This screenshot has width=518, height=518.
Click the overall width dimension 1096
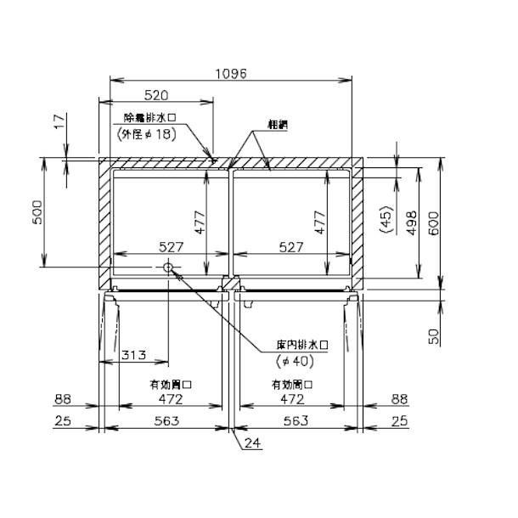pos(230,74)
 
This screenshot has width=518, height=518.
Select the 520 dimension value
pos(155,96)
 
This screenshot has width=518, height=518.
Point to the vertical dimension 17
pos(57,123)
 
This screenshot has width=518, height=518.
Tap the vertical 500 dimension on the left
pos(37,217)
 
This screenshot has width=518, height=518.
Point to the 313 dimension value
pos(132,354)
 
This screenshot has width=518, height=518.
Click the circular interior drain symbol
pos(168,268)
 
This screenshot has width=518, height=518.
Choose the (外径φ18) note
pos(145,133)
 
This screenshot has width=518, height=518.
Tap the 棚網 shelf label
pos(276,124)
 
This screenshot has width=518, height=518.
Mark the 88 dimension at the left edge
pos(62,397)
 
